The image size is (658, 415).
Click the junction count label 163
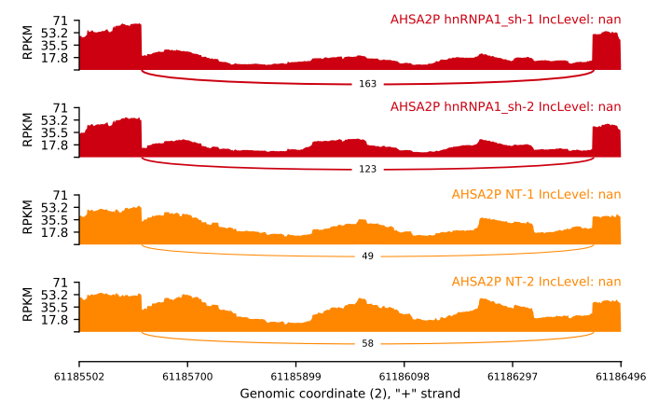[x=367, y=84]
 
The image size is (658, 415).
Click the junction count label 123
[x=367, y=171]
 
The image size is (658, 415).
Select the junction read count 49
[x=367, y=256]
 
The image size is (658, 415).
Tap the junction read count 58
[x=367, y=343]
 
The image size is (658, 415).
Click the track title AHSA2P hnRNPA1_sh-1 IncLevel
[x=505, y=20]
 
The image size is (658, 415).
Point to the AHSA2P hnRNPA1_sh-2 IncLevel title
[x=505, y=106]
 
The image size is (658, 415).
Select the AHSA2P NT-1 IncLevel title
[x=536, y=195]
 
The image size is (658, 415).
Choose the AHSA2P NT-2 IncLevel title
[x=536, y=282]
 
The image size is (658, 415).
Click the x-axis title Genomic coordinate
[x=350, y=394]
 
